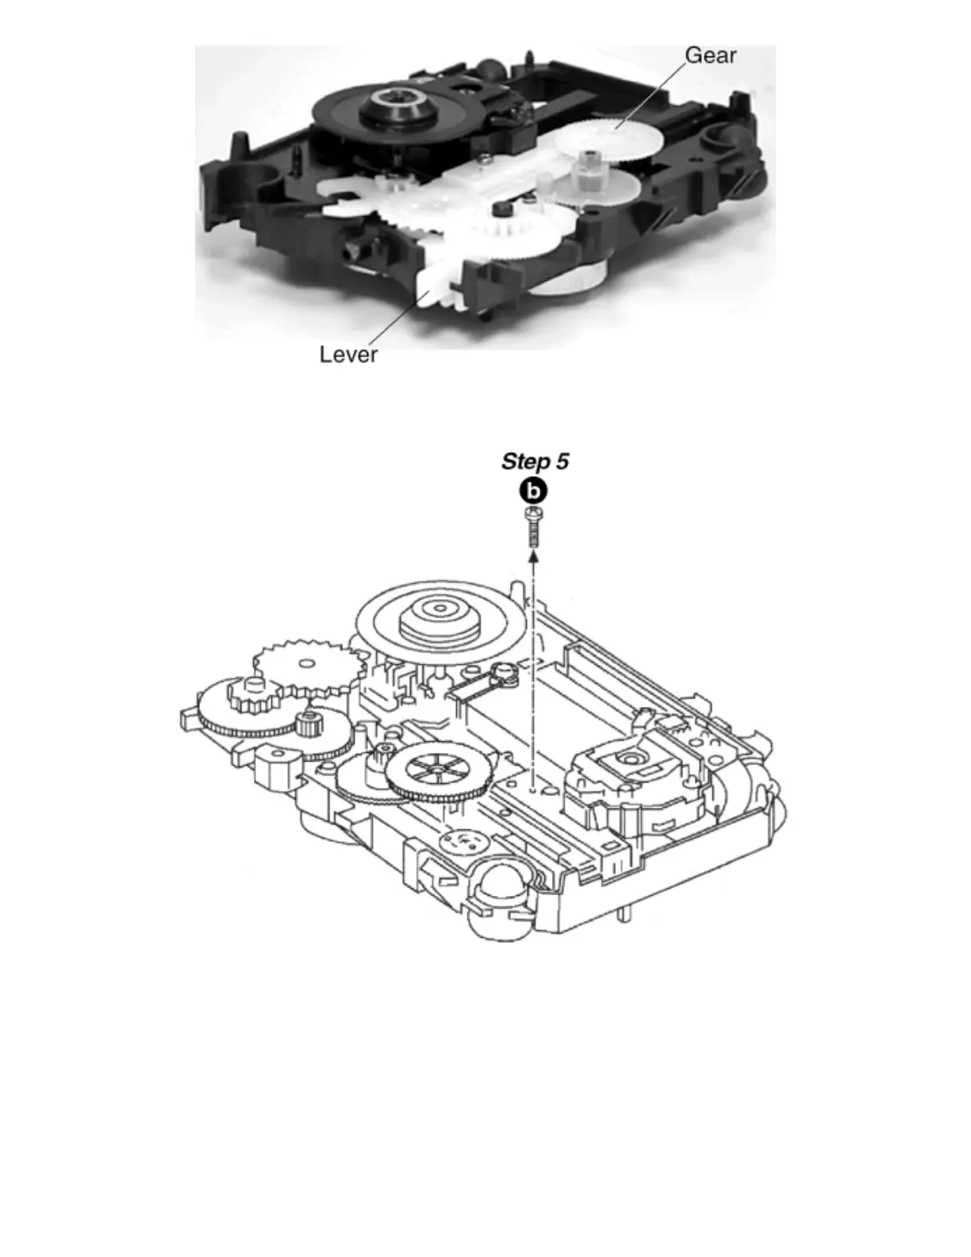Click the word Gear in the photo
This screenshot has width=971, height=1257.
(x=710, y=55)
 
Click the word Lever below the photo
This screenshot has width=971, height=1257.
(x=348, y=354)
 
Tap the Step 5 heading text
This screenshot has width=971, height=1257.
(x=535, y=462)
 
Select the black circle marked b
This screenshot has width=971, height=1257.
(x=534, y=492)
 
